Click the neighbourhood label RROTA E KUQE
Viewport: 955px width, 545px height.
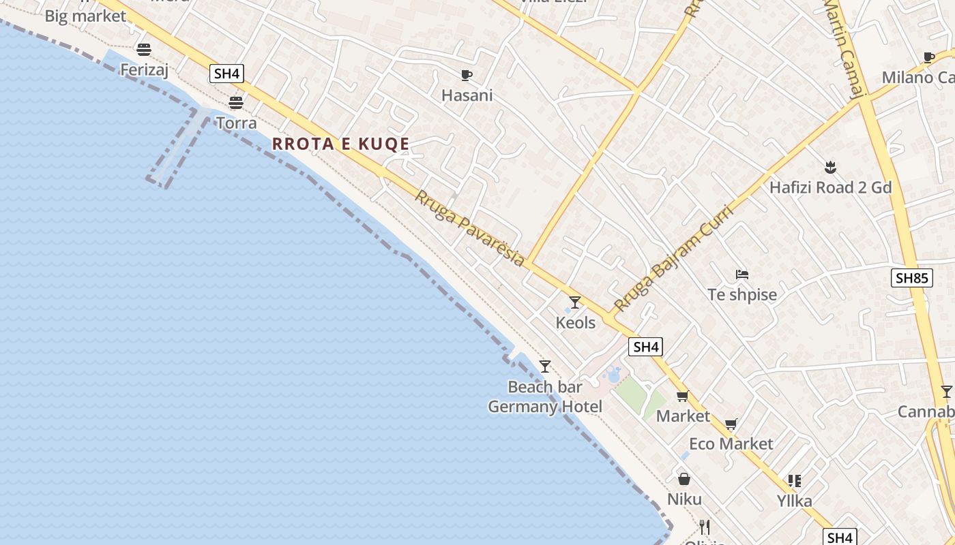340,144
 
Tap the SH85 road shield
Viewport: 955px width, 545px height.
911,278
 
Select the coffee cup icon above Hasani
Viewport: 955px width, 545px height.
467,75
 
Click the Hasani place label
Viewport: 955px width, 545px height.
467,95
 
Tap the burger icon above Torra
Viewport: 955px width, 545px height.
236,103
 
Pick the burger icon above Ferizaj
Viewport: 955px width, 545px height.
143,49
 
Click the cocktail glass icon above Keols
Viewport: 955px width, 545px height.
575,302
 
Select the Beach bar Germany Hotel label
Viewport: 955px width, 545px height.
545,397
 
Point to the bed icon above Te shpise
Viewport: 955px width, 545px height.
742,275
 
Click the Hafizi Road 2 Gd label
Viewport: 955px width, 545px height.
830,187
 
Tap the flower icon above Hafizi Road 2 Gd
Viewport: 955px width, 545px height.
830,167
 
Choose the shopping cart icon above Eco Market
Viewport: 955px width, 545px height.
731,424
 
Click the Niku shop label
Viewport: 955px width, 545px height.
684,499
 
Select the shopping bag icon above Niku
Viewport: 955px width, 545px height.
684,479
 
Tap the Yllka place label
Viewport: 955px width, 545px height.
795,501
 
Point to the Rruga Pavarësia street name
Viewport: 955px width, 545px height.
470,228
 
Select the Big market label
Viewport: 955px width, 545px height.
85,16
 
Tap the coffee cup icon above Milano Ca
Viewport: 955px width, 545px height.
928,57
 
